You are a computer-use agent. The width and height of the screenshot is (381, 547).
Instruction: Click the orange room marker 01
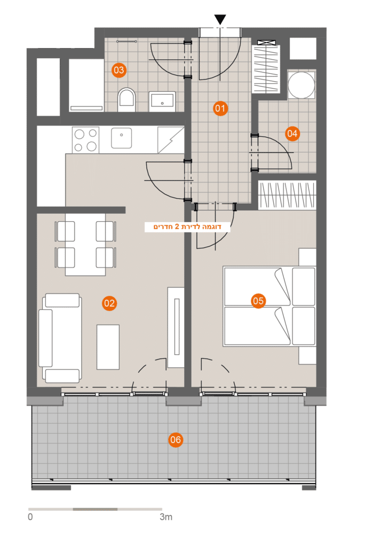(220, 108)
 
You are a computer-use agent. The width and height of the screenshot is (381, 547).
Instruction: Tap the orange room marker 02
(109, 303)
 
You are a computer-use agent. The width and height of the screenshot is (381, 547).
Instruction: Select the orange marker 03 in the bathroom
(119, 70)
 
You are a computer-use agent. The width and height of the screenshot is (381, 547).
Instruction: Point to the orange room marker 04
(292, 133)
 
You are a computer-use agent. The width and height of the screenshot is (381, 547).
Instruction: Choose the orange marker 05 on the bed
(258, 301)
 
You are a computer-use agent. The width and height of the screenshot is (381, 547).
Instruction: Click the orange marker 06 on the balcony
(176, 440)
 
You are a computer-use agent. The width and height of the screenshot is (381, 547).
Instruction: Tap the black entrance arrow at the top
(220, 20)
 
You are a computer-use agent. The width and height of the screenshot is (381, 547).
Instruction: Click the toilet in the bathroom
(126, 100)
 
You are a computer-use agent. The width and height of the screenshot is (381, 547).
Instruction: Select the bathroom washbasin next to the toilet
(162, 101)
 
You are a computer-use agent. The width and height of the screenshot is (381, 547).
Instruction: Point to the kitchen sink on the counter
(121, 138)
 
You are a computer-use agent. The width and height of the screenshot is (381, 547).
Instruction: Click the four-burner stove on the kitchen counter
(85, 140)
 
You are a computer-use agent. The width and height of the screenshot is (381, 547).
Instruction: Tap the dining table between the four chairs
(85, 244)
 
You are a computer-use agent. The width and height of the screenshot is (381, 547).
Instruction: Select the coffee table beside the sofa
(108, 347)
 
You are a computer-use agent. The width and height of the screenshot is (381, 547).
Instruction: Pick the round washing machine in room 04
(301, 85)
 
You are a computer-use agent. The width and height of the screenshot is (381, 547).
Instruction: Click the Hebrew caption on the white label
(187, 226)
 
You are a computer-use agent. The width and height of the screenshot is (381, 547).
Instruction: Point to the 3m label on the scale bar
(166, 517)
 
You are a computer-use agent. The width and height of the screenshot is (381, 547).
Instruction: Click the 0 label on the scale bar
(30, 517)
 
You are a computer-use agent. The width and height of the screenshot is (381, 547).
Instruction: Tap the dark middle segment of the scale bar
(95, 509)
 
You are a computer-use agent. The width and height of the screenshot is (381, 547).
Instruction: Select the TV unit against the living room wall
(176, 327)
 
